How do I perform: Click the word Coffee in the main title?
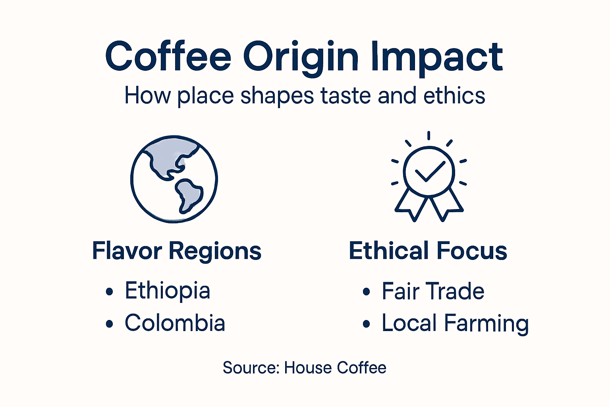click(168, 56)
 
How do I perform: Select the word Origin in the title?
click(301, 56)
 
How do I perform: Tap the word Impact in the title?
click(437, 56)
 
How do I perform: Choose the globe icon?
click(174, 179)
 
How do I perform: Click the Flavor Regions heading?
click(177, 251)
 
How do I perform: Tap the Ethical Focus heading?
click(428, 251)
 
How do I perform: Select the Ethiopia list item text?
click(167, 291)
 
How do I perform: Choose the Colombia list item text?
click(175, 323)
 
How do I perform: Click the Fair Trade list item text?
click(433, 291)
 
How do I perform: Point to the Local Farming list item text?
click(455, 324)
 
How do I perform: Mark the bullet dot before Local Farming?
click(366, 324)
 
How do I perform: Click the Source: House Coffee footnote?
click(304, 368)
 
